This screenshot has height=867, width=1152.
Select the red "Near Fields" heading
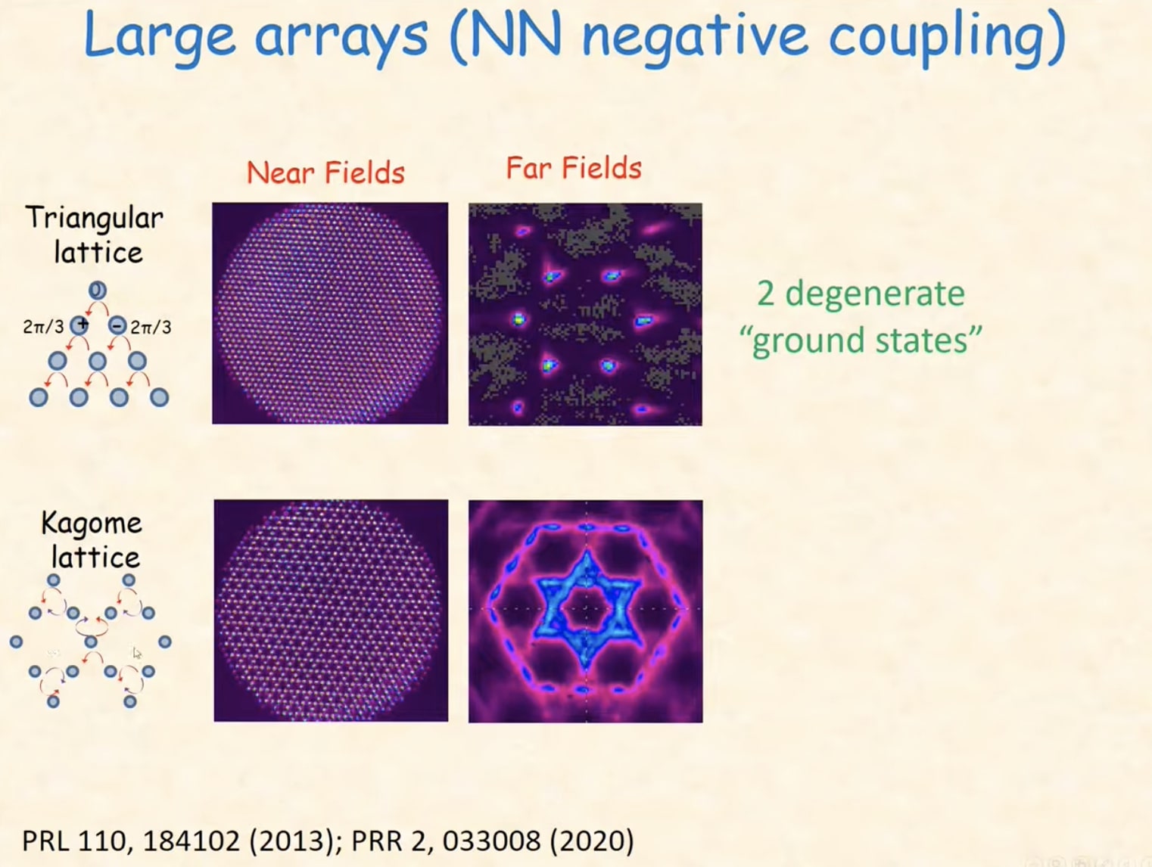click(325, 173)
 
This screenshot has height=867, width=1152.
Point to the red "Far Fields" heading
click(574, 168)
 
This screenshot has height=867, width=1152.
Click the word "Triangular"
click(95, 219)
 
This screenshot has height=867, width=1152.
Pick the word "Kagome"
click(92, 523)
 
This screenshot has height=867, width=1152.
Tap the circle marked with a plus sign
click(79, 325)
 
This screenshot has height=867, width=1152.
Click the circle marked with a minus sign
click(117, 326)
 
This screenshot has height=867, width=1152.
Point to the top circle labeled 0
click(98, 290)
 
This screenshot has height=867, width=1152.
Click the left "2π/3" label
click(43, 328)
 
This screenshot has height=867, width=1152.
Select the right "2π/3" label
click(151, 328)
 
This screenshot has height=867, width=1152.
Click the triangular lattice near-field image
click(330, 313)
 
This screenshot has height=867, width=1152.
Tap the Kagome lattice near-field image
click(331, 611)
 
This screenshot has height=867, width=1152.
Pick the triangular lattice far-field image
click(585, 314)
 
